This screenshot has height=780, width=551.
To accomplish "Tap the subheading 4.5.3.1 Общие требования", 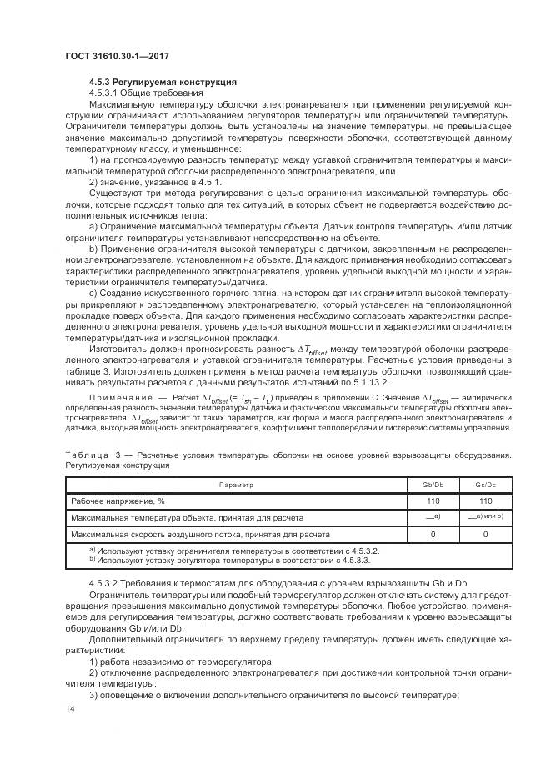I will (x=138, y=93).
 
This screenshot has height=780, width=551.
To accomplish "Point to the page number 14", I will (x=69, y=708).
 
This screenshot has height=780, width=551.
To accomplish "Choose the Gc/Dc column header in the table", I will (x=484, y=484).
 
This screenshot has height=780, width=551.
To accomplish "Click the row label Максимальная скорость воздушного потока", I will (x=200, y=534).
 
